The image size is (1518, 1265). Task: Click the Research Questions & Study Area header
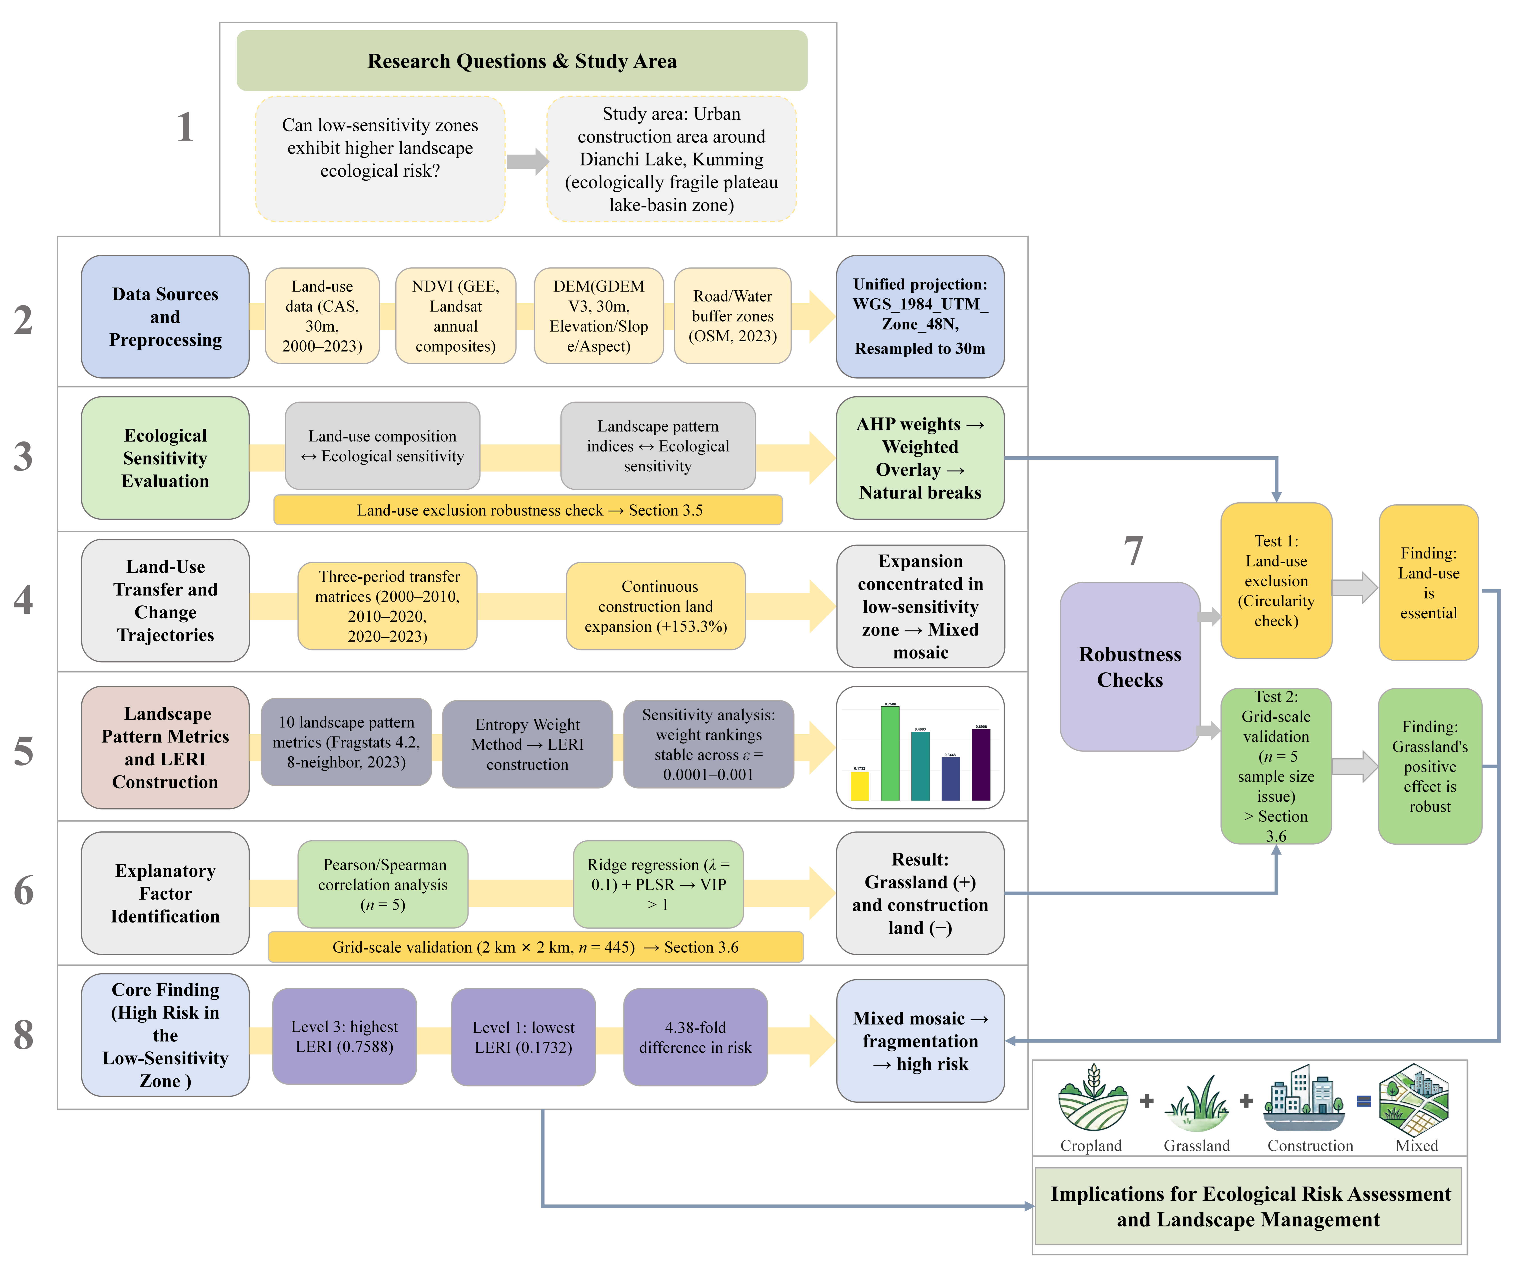pyautogui.click(x=522, y=61)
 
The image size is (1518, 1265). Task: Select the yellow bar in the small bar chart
pyautogui.click(x=860, y=786)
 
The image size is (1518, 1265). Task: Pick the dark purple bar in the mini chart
pyautogui.click(x=981, y=765)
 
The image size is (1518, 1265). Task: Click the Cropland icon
pyautogui.click(x=1092, y=1097)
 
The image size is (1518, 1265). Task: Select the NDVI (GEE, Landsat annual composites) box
pyautogui.click(x=455, y=316)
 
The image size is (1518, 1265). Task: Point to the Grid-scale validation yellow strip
pyautogui.click(x=536, y=947)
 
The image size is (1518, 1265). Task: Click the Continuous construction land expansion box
pyautogui.click(x=656, y=606)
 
